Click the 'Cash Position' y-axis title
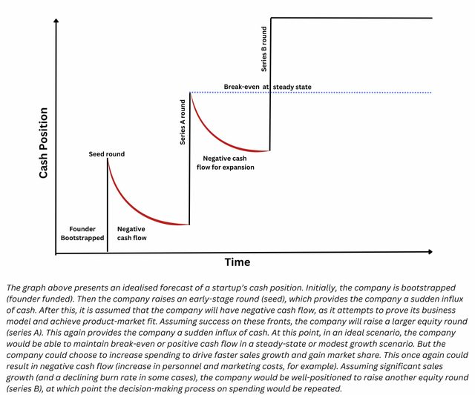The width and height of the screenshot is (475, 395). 43,142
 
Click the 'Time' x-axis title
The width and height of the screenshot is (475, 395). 237,262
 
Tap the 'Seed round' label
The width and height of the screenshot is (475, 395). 108,154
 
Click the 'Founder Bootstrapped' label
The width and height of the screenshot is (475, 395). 82,233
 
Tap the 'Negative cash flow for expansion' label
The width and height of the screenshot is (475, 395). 228,162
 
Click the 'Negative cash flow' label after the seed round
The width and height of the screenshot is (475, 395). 131,233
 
